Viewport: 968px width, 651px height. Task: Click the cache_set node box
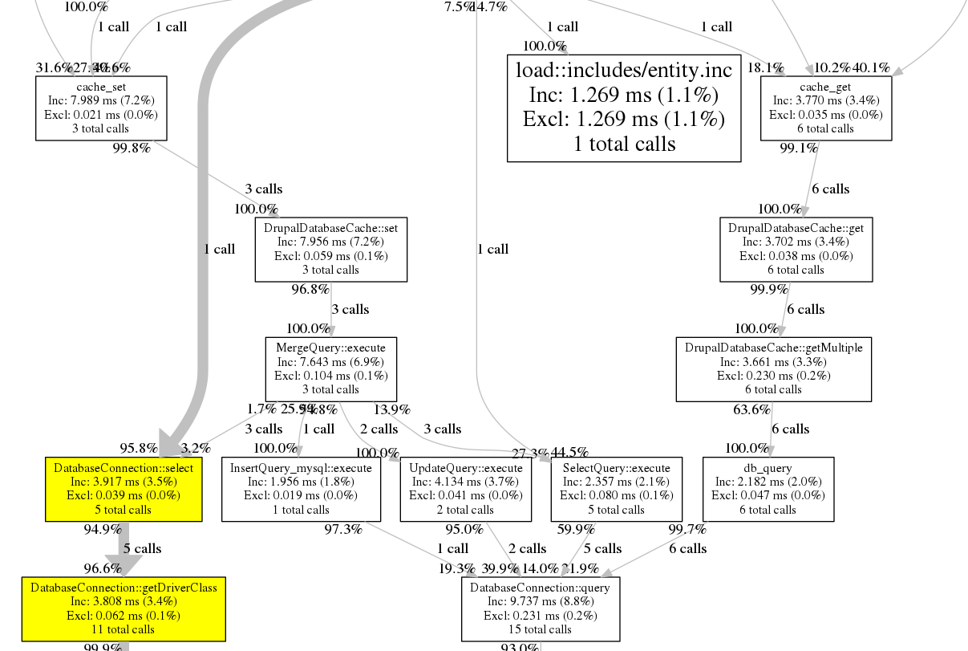tap(101, 108)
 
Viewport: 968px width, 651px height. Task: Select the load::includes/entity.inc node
tap(623, 108)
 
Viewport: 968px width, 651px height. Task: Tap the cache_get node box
tap(825, 108)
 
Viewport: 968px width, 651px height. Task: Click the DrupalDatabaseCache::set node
tap(330, 249)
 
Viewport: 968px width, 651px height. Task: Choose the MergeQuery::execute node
tap(330, 368)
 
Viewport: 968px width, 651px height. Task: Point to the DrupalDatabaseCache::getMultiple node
tap(773, 368)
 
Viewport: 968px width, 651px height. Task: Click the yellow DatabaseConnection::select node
tap(123, 489)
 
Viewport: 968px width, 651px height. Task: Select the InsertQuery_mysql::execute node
tap(301, 489)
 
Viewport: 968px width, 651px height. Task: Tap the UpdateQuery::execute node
tap(465, 489)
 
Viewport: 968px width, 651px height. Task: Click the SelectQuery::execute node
tap(616, 489)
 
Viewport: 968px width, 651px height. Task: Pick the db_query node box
tap(768, 489)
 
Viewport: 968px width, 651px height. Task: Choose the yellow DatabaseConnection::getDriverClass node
tap(124, 608)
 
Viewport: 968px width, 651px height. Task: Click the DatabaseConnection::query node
tap(540, 608)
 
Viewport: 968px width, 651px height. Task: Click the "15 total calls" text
tap(540, 629)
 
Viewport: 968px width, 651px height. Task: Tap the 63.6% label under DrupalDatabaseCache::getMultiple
tap(751, 410)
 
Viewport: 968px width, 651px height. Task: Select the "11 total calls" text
tap(124, 629)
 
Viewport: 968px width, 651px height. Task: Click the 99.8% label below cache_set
tap(132, 149)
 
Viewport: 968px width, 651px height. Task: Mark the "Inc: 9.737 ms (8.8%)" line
tap(540, 601)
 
